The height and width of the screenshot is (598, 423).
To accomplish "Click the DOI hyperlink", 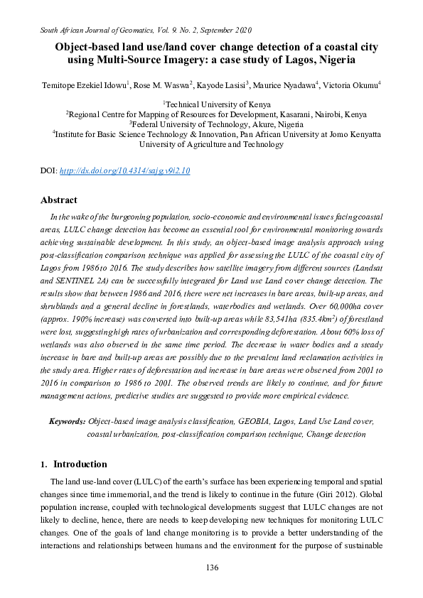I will click(124, 171).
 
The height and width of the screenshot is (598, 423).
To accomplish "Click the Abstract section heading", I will click(58, 200).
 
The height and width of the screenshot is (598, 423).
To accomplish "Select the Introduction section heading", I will click(80, 464).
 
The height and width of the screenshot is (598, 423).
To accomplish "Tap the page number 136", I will click(211, 567).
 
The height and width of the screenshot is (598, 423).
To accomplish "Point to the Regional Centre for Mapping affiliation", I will click(218, 114).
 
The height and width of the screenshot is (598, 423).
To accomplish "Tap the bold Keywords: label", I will click(68, 421).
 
